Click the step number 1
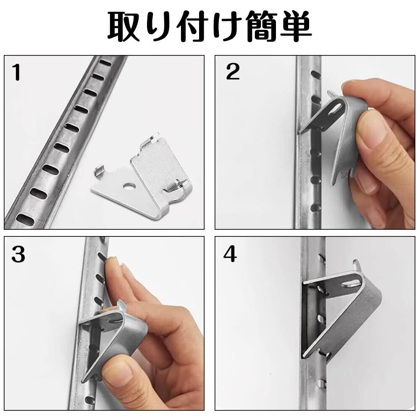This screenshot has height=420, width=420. [17, 72]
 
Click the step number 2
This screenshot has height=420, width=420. [233, 71]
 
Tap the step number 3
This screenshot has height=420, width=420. [18, 255]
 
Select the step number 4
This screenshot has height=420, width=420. [230, 254]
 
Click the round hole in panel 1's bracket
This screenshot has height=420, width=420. [129, 185]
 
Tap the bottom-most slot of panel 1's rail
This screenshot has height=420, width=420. [26, 220]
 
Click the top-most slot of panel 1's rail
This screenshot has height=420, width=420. [105, 63]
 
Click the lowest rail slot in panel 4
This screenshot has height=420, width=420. [322, 384]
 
